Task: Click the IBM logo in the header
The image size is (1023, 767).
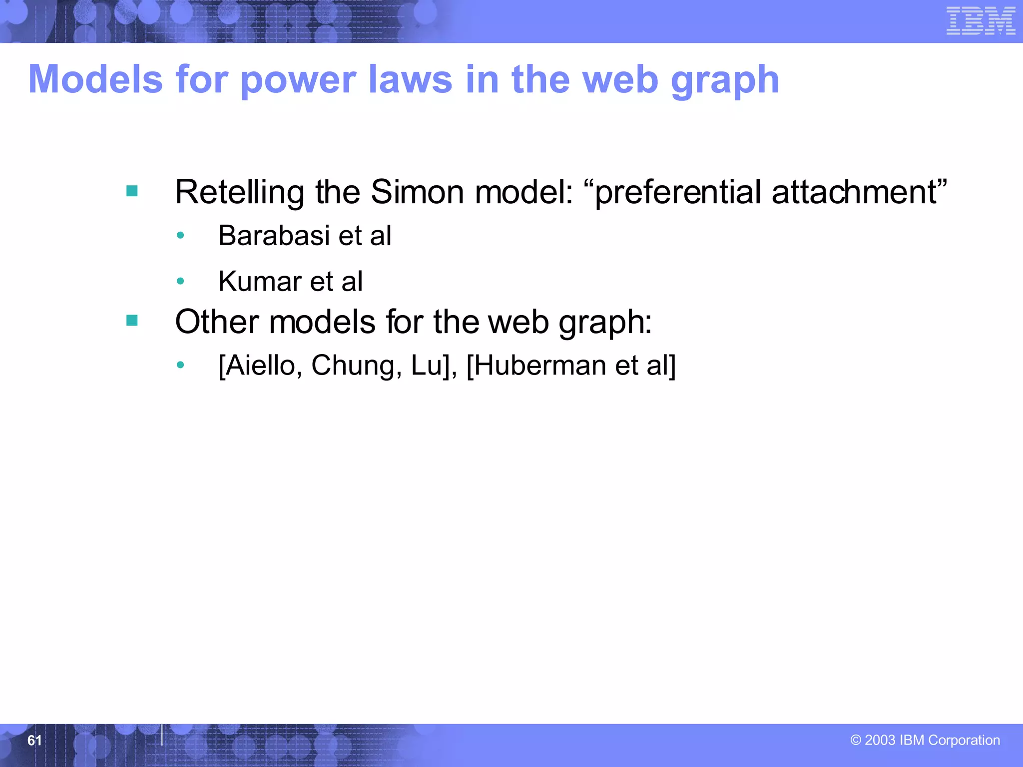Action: tap(981, 21)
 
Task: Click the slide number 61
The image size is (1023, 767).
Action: tap(34, 740)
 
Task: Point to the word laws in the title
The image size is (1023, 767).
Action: tap(410, 79)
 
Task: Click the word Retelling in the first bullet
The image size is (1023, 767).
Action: tap(239, 192)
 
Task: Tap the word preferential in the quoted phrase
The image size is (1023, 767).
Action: tap(679, 193)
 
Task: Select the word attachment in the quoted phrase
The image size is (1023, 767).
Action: tap(854, 192)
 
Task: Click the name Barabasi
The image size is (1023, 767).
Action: tap(274, 235)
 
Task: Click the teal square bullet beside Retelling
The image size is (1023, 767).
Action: tap(132, 191)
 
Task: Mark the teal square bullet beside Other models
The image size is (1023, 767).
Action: tap(132, 320)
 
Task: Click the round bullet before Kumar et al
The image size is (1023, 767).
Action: tap(181, 281)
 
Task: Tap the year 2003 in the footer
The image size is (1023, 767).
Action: tap(880, 740)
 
